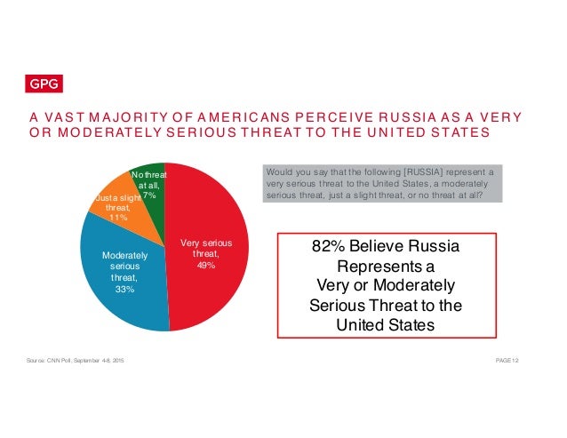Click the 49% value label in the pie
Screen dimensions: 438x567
coord(206,265)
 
